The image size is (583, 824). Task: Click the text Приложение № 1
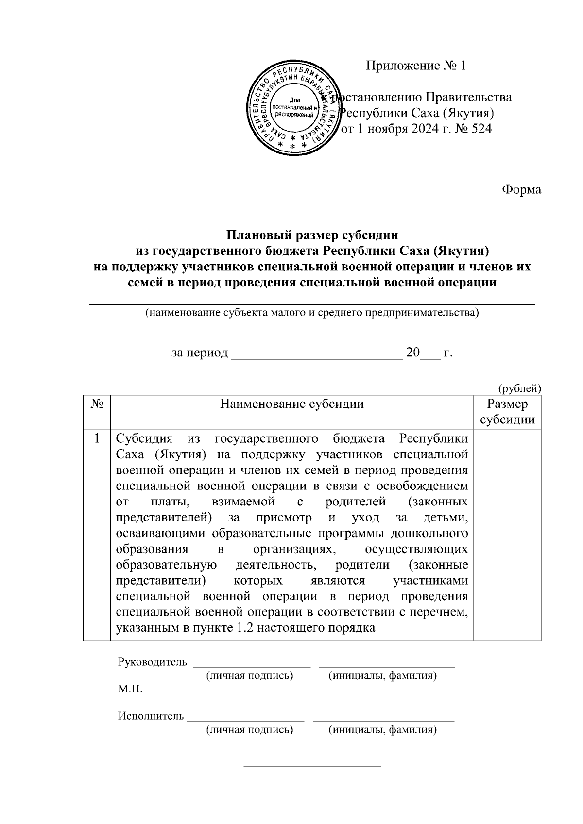pos(416,66)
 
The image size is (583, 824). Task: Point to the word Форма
pos(521,189)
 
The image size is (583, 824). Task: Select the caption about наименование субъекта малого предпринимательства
pos(312,313)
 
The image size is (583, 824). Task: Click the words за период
pos(200,353)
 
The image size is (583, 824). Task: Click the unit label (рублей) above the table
pos(519,388)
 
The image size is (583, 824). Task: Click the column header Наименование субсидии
pos(292,404)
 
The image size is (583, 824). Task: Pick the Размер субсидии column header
pos(507,412)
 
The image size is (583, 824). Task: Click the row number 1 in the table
pos(98,439)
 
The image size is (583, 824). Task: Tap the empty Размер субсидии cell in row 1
pos(507,534)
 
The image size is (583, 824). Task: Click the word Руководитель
pos(152,662)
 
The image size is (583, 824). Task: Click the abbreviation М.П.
pos(130,690)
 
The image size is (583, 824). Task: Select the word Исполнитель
pos(151,716)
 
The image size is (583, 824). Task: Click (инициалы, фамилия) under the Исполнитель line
pos(382,730)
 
